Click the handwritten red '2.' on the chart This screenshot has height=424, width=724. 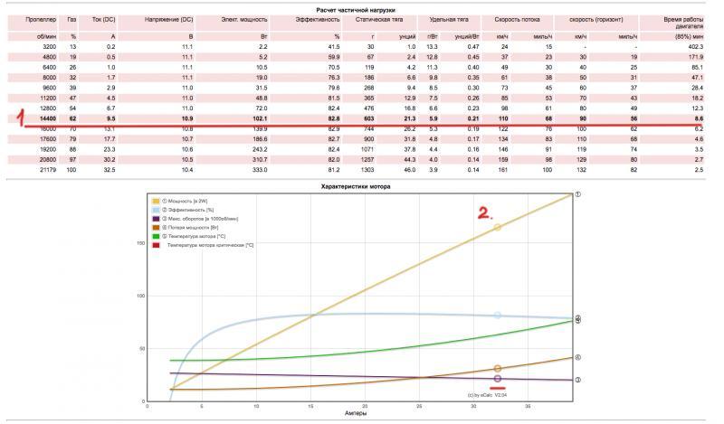click(x=484, y=213)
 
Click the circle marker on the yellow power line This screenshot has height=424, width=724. click(x=497, y=228)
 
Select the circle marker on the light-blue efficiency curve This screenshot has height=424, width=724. click(x=497, y=316)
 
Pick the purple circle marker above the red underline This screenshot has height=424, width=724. click(x=497, y=379)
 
